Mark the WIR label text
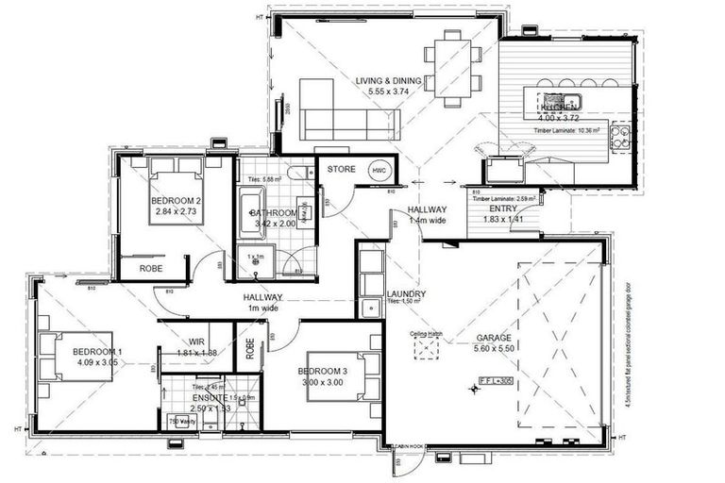point(196,342)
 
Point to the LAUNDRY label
point(405,293)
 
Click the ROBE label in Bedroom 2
point(151,267)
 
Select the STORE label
point(340,169)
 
